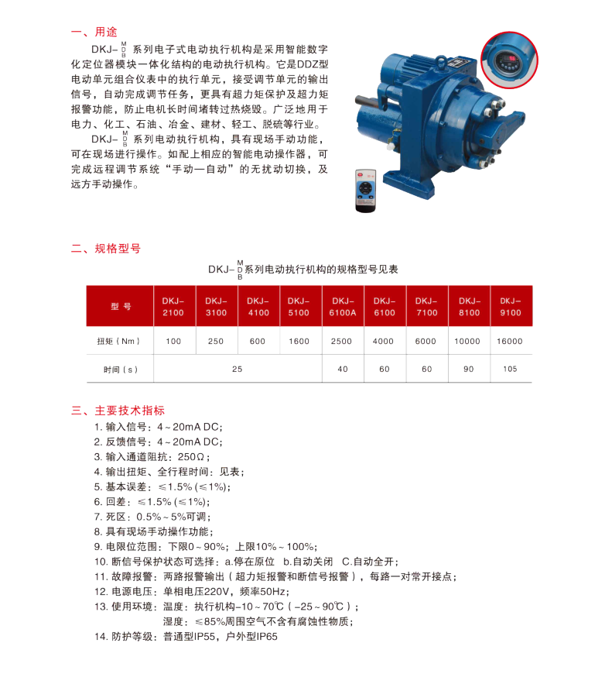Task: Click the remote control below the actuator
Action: click(x=365, y=190)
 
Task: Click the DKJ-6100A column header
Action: click(x=342, y=307)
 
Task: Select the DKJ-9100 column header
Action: click(x=511, y=307)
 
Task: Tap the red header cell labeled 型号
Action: click(x=120, y=307)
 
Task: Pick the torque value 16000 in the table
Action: click(x=511, y=341)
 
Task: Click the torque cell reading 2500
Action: click(x=342, y=341)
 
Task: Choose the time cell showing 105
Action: click(x=511, y=369)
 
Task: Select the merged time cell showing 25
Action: click(x=237, y=369)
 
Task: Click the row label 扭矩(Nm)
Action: click(x=119, y=341)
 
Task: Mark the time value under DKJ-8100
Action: click(x=468, y=369)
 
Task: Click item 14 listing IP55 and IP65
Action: click(x=186, y=636)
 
